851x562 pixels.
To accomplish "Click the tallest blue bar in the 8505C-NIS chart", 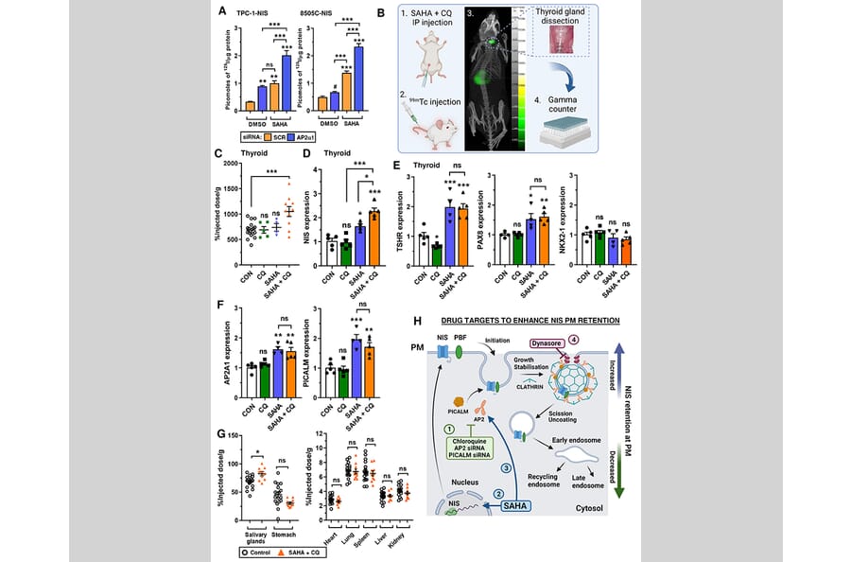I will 356,72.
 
